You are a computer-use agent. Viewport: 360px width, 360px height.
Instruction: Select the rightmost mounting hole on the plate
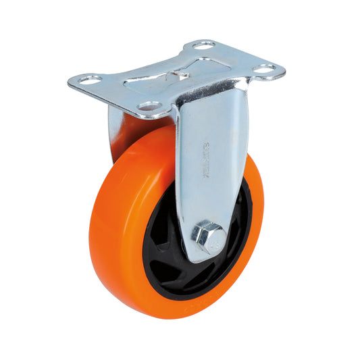[265, 68]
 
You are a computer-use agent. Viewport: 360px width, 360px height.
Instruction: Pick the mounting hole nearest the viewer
[149, 107]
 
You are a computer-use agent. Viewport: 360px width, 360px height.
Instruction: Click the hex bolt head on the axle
[208, 235]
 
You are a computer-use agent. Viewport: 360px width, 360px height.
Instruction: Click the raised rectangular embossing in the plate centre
[176, 74]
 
